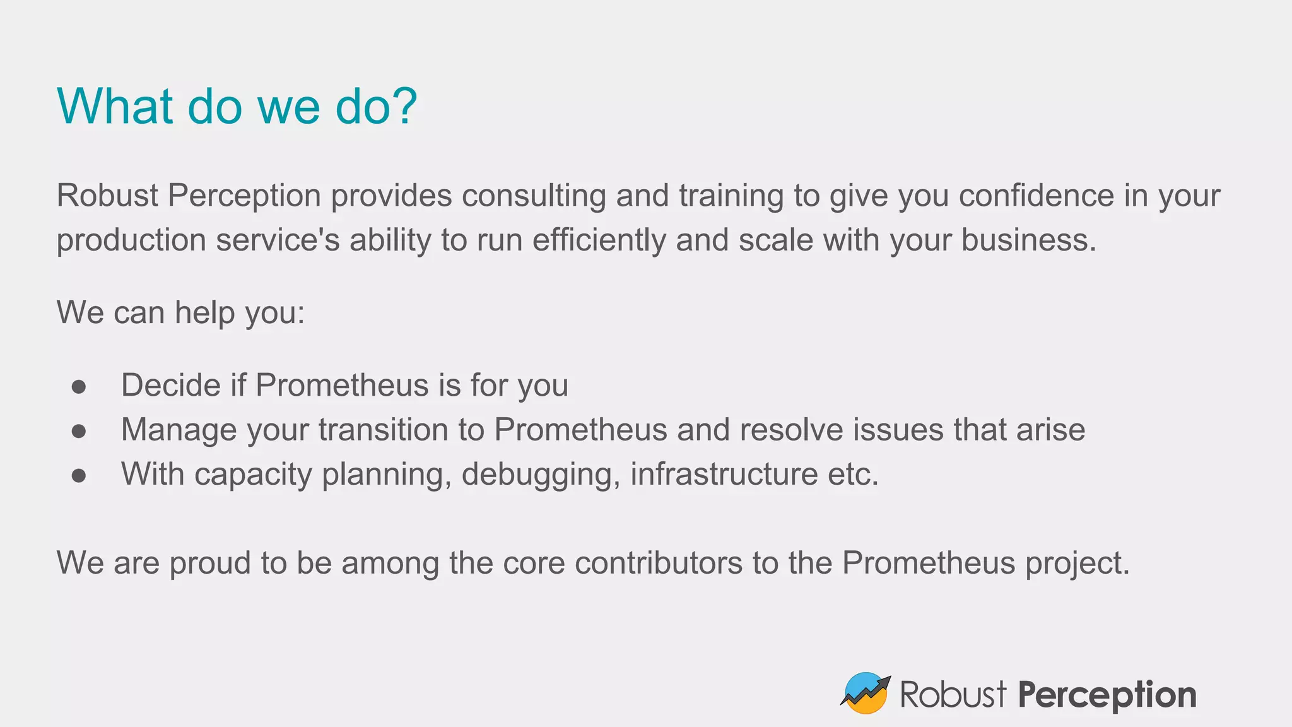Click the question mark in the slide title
click(x=402, y=106)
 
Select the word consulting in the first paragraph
click(x=534, y=196)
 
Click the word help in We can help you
click(x=204, y=312)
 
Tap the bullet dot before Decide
click(x=79, y=386)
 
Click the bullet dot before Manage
click(x=79, y=430)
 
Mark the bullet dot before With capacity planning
click(x=79, y=475)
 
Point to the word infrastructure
click(x=724, y=474)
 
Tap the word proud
click(x=209, y=563)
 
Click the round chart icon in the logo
click(x=866, y=693)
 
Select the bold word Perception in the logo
click(x=1107, y=695)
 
